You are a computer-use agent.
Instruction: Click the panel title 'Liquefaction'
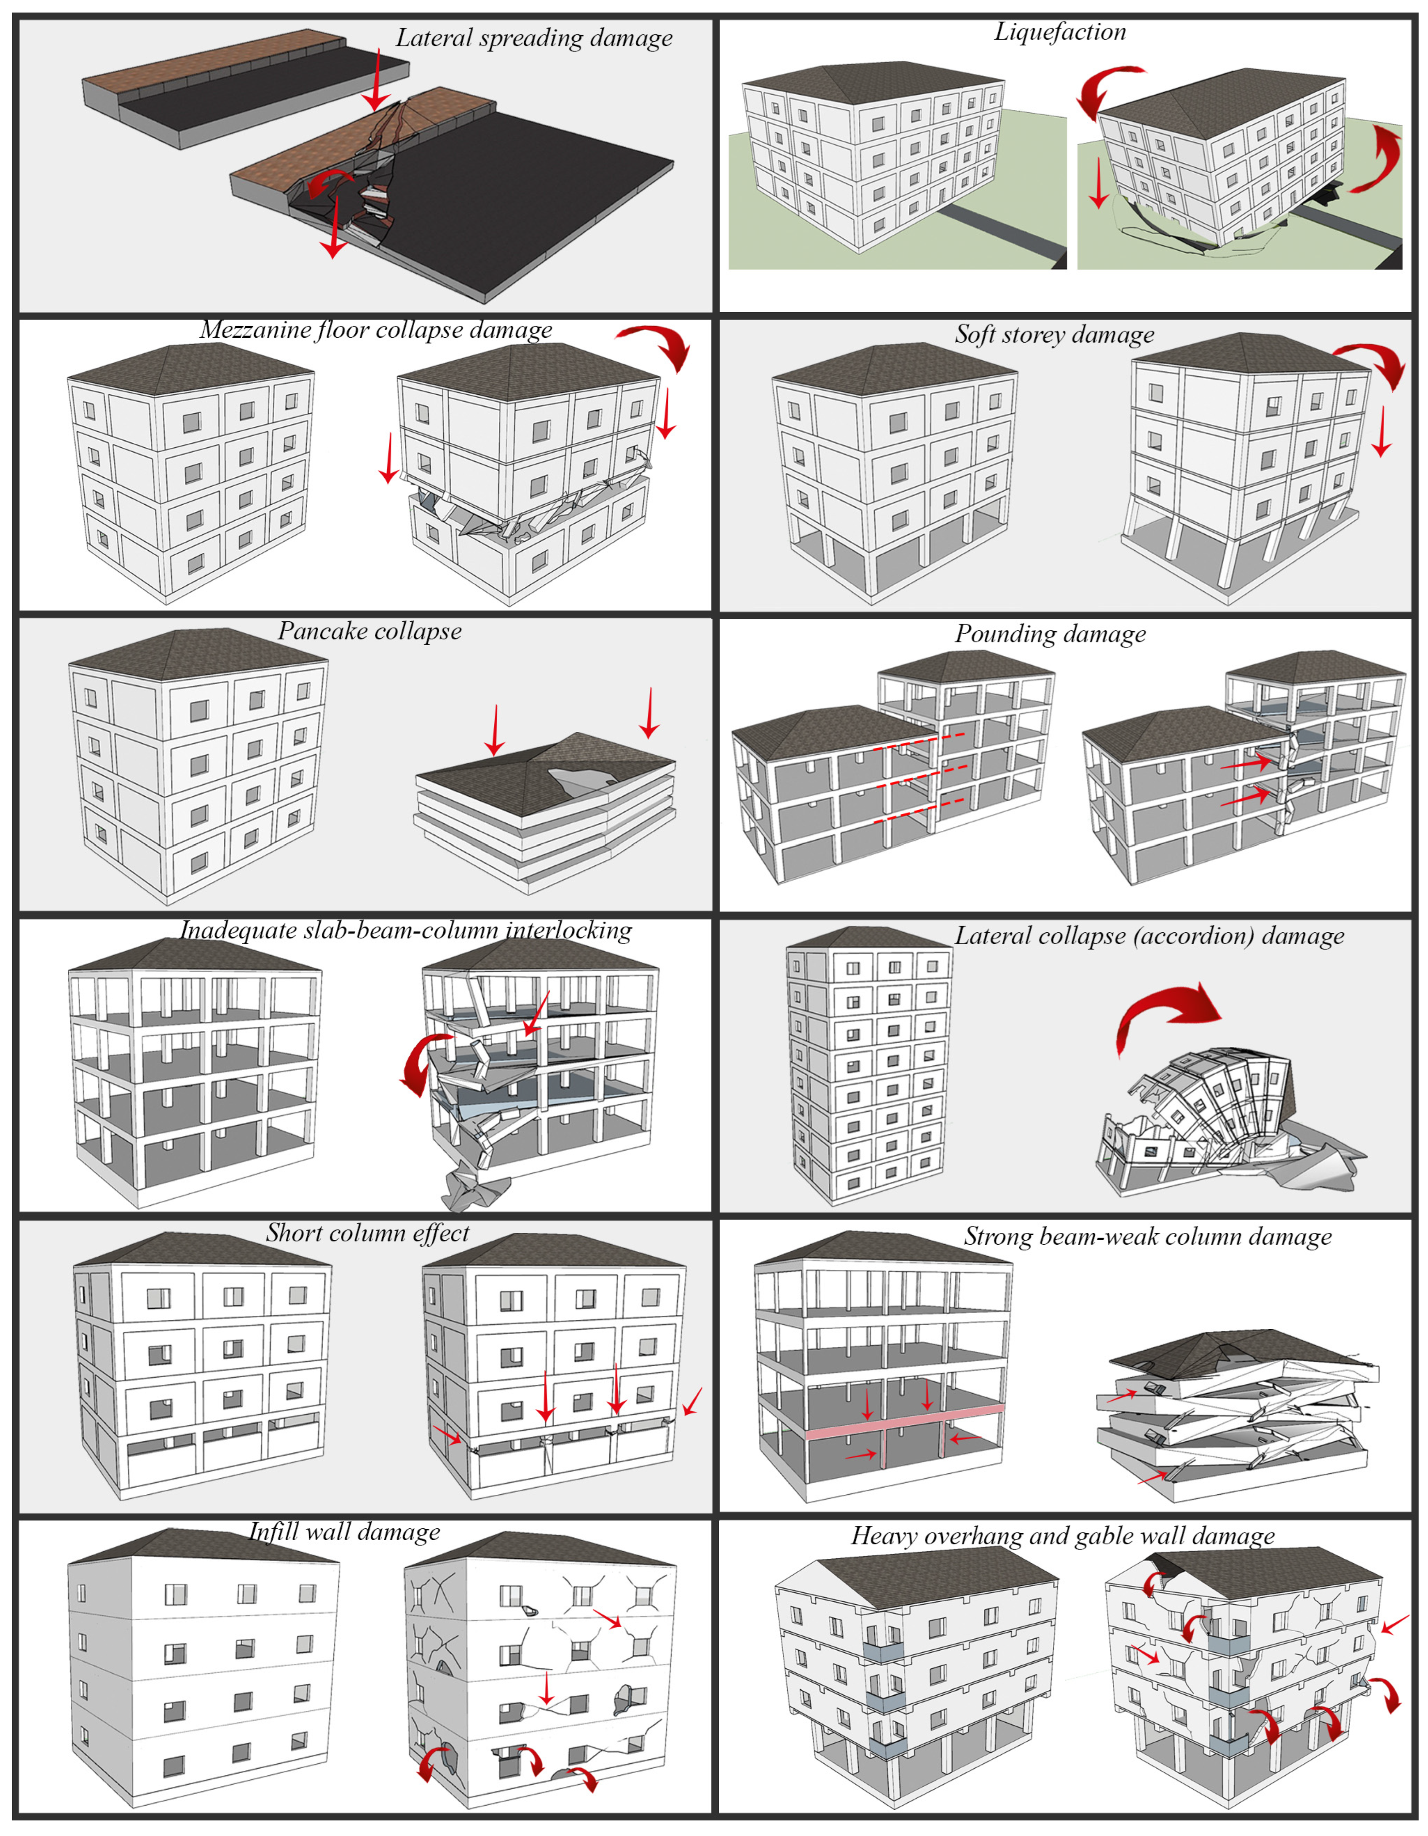[x=1060, y=32]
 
